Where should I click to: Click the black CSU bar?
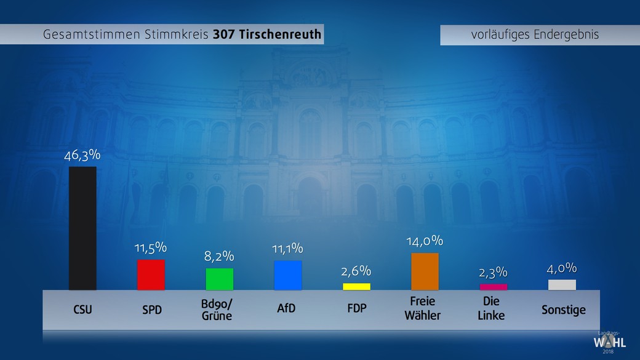pyautogui.click(x=82, y=228)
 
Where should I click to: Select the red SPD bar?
pyautogui.click(x=151, y=275)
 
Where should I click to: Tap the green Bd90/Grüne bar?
pyautogui.click(x=220, y=279)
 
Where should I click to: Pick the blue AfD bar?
pyautogui.click(x=288, y=275)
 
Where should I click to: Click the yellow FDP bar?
pyautogui.click(x=356, y=286)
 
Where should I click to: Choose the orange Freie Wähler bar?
pyautogui.click(x=425, y=271)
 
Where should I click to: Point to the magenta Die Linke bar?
pyautogui.click(x=494, y=287)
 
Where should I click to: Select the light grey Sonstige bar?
pyautogui.click(x=562, y=285)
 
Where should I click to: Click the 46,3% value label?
pyautogui.click(x=82, y=155)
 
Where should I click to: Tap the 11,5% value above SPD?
pyautogui.click(x=151, y=248)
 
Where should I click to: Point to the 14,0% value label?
pyautogui.click(x=425, y=241)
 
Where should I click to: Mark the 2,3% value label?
pyautogui.click(x=494, y=272)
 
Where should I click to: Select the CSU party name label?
pyautogui.click(x=82, y=309)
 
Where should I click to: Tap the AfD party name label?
pyautogui.click(x=287, y=308)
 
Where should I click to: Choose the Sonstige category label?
pyautogui.click(x=563, y=310)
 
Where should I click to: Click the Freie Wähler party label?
pyautogui.click(x=423, y=308)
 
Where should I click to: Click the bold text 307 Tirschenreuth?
pyautogui.click(x=267, y=34)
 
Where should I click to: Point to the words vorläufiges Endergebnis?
pyautogui.click(x=535, y=34)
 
